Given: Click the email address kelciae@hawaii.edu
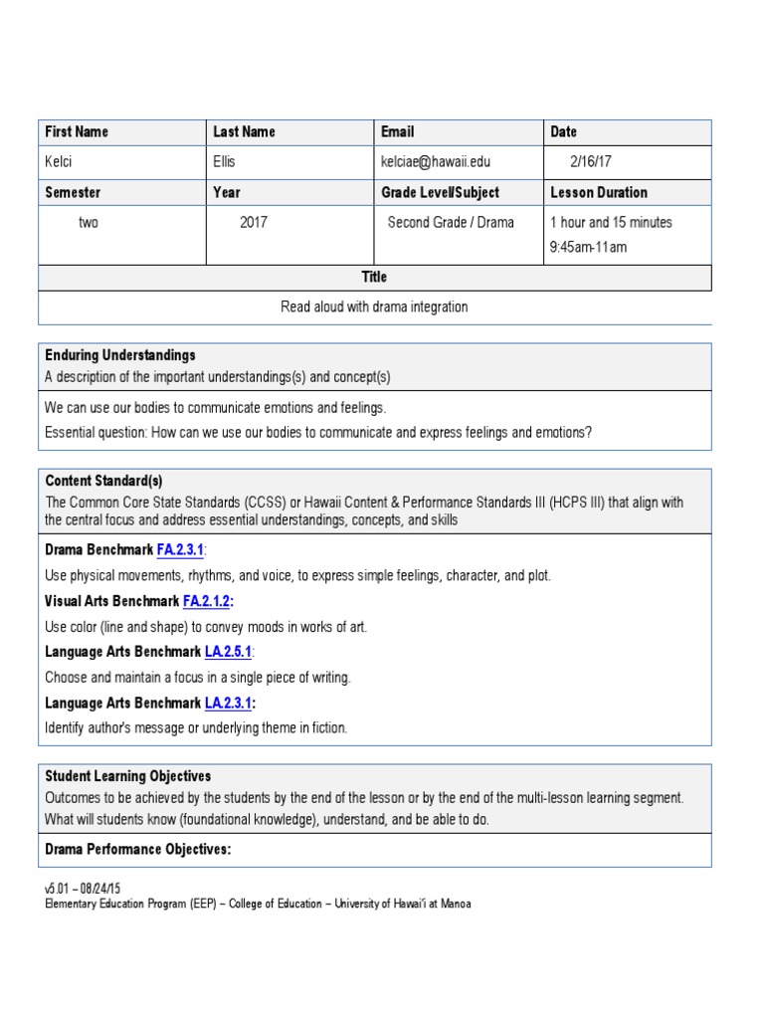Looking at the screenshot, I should tap(436, 161).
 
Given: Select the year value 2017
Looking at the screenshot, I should tap(255, 222).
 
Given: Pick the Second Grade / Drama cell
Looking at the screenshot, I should tap(451, 222).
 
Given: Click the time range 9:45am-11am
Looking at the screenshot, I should tap(588, 247).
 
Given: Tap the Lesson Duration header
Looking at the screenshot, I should tap(599, 192).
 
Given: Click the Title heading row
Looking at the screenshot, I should tap(374, 277).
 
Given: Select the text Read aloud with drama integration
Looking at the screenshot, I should tap(374, 306).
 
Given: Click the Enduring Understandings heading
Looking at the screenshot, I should tap(120, 355).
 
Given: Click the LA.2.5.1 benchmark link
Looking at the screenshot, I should tap(229, 652).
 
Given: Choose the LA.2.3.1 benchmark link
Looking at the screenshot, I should tap(229, 703).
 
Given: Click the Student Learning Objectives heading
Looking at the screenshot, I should tap(128, 776).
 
